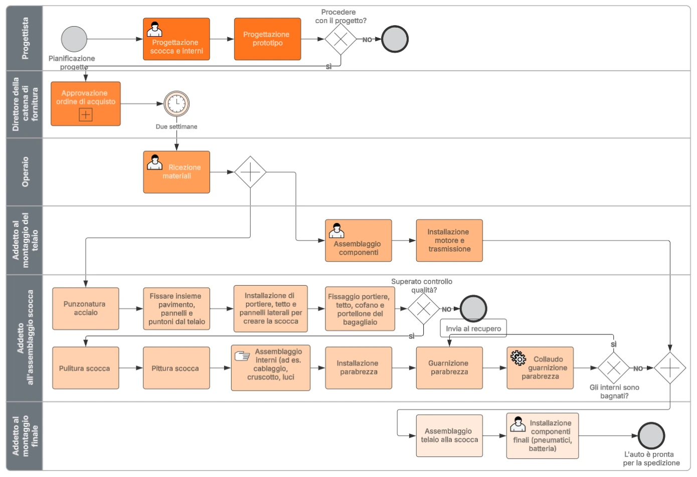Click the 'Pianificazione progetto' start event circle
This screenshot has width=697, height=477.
74,39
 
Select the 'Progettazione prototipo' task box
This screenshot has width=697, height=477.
268,39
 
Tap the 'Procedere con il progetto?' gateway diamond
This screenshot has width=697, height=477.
340,39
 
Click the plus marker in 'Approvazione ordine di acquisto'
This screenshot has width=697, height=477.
86,114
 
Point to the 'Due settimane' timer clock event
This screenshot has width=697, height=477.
177,103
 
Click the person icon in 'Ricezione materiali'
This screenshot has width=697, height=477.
154,162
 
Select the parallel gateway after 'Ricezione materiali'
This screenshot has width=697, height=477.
250,172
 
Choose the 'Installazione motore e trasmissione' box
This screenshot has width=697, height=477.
449,241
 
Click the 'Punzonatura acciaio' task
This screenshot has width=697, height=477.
86,308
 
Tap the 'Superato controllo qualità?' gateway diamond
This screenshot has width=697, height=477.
424,309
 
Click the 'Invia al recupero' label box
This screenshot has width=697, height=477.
473,328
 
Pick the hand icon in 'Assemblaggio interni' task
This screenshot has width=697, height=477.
242,356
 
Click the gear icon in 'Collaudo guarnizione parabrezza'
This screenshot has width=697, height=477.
518,357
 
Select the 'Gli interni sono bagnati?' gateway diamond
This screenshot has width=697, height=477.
613,368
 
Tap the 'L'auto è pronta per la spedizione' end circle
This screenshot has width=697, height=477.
651,436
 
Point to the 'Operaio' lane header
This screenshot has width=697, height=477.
25,172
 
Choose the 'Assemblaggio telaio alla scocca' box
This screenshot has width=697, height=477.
449,435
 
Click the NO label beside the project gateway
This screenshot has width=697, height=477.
367,40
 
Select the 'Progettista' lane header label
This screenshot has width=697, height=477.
25,38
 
